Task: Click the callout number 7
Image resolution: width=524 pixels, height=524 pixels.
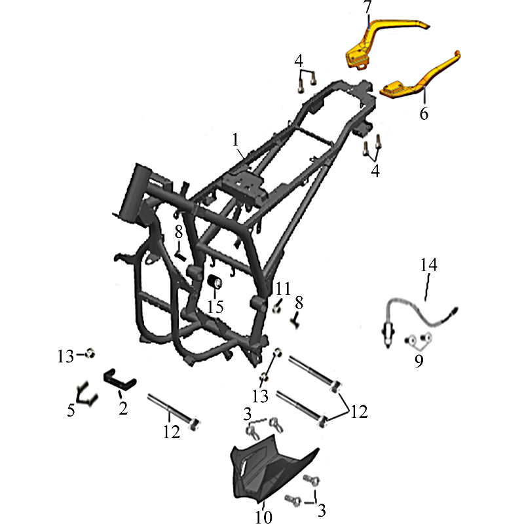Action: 367,7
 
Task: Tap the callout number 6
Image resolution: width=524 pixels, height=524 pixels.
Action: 424,113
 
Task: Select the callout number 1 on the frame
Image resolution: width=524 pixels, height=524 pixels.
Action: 236,140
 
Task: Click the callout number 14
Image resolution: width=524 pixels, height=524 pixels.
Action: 428,265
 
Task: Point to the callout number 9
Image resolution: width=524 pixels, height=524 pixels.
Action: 419,361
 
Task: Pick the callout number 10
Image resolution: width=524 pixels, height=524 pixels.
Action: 264,517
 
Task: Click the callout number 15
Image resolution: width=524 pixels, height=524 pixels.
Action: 215,307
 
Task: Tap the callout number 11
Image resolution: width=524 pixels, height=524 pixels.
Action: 283,289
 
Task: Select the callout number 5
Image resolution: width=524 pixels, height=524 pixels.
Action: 71,411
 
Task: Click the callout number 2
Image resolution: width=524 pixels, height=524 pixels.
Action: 123,408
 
